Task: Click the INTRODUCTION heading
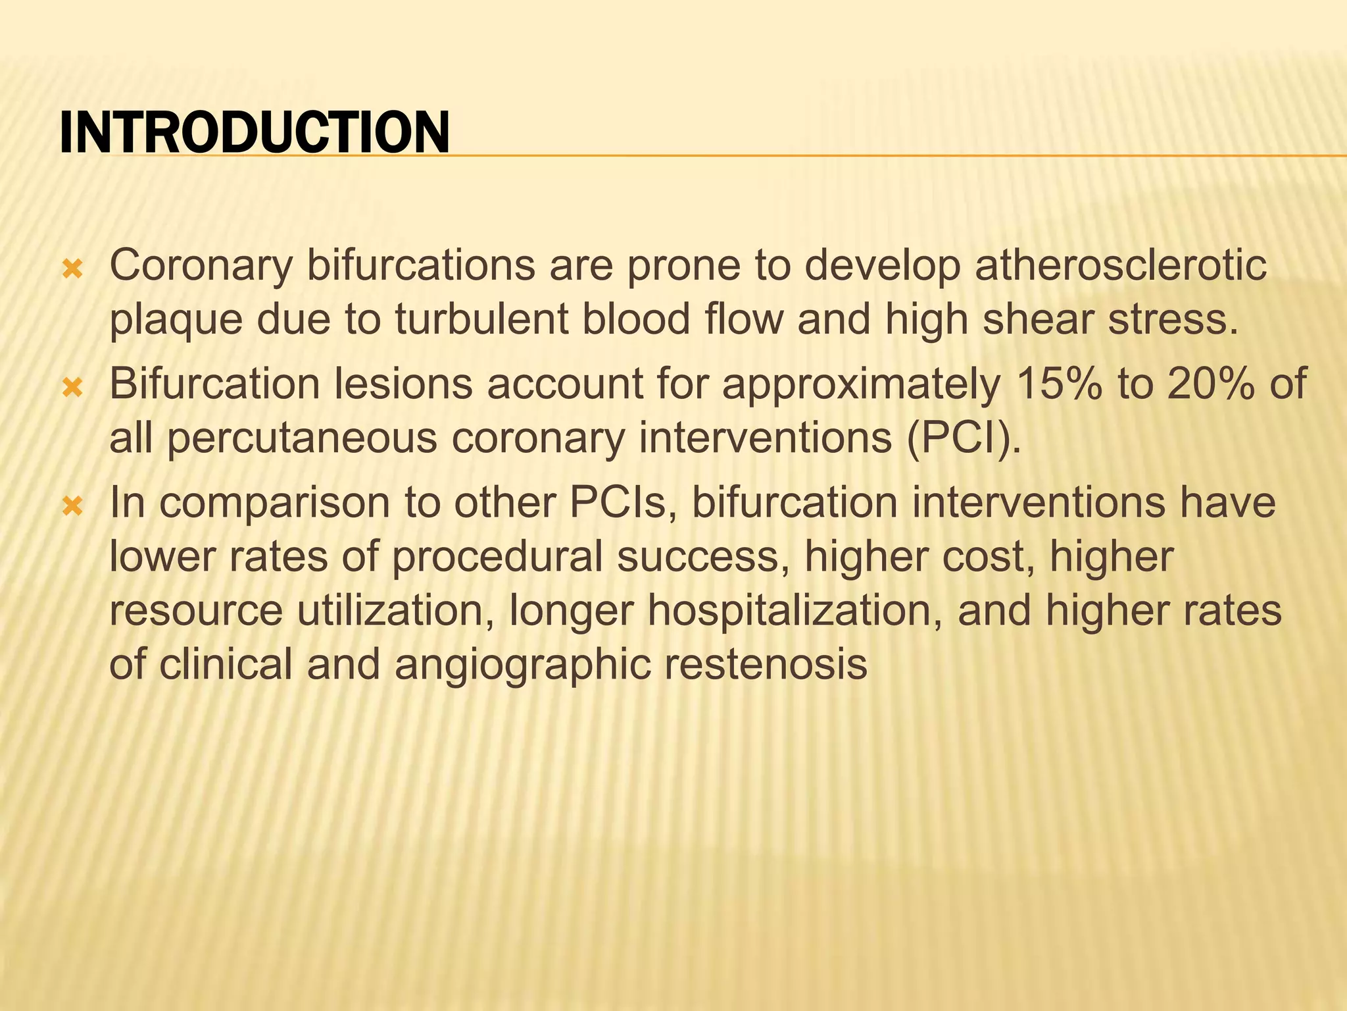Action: click(x=255, y=133)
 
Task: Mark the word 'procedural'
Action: click(x=497, y=557)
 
